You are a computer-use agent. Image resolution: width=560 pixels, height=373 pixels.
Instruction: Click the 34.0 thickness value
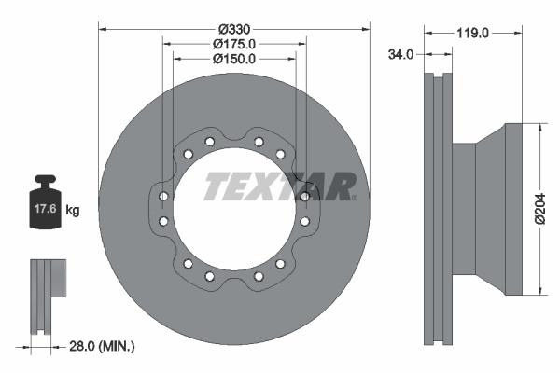pos(400,55)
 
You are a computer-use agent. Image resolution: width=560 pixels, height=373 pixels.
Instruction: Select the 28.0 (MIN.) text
pos(103,346)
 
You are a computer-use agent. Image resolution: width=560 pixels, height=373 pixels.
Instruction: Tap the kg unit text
pos(73,211)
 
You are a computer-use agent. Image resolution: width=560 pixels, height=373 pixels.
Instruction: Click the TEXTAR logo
pos(278,186)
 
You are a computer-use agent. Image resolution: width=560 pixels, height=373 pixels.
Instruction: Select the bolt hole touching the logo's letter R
pos(305,196)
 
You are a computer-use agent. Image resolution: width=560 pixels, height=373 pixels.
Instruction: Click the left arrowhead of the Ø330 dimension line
pos(102,29)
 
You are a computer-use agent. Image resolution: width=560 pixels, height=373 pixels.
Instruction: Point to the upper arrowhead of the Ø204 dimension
pos(539,129)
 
